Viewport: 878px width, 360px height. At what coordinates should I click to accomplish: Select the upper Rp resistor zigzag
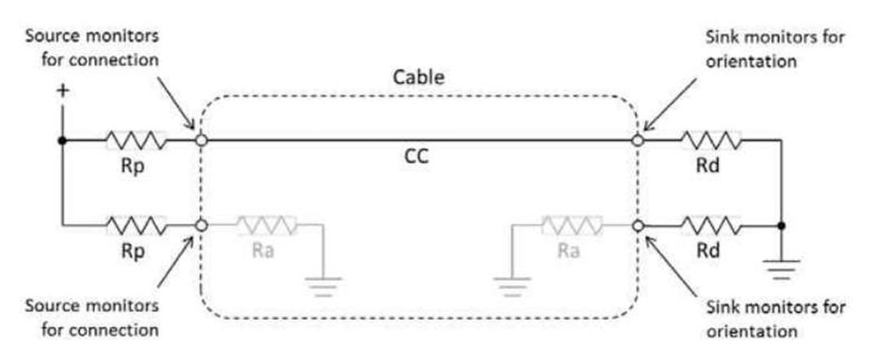click(136, 141)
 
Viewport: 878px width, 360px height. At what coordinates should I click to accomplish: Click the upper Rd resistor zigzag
click(711, 141)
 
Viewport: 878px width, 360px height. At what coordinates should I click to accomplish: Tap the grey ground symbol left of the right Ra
click(512, 285)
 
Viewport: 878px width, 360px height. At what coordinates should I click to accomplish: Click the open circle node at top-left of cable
click(201, 141)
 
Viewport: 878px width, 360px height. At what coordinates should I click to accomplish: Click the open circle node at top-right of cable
click(639, 141)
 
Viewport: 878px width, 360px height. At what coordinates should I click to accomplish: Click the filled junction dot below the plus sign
click(63, 141)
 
